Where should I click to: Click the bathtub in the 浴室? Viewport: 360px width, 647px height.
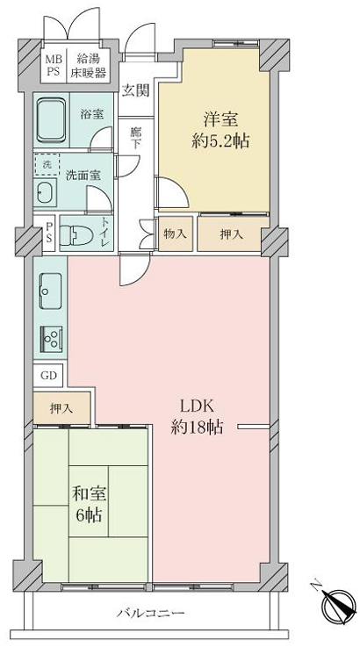tap(51, 119)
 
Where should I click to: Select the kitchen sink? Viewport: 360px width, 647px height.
tap(50, 291)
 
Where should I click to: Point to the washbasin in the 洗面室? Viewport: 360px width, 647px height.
tap(46, 192)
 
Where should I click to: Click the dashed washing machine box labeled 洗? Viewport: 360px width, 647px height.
tap(47, 165)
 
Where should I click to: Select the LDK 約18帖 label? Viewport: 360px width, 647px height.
tap(198, 418)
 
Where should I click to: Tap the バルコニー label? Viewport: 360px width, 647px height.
tap(150, 613)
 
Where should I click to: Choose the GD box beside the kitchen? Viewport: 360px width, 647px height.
tap(48, 376)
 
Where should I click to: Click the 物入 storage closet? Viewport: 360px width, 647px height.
tap(176, 234)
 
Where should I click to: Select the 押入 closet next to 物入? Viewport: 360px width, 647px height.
tap(231, 234)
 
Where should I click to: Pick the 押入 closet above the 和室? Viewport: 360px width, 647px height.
tap(61, 408)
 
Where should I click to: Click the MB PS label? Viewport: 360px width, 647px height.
tap(53, 65)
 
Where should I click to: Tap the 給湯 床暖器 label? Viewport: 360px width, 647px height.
tap(88, 65)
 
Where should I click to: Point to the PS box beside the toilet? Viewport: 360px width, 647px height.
tap(48, 234)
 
